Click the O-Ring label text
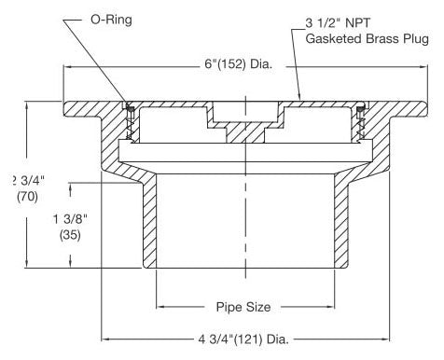(x=111, y=20)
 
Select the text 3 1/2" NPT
(x=338, y=23)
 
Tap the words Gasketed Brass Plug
(x=367, y=39)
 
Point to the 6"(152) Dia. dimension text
(x=239, y=64)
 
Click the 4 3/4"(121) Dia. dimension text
(x=243, y=339)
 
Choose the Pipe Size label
(x=243, y=307)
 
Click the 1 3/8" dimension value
(x=70, y=219)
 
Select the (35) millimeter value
(x=70, y=235)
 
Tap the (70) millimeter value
(x=27, y=197)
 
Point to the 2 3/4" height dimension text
(x=29, y=181)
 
